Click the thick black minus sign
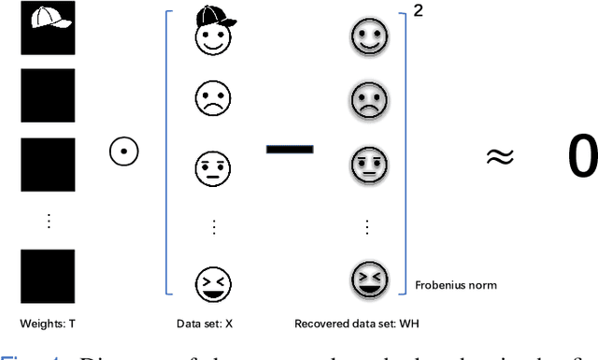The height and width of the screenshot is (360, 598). click(289, 148)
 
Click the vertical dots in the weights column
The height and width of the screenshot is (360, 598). click(49, 221)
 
